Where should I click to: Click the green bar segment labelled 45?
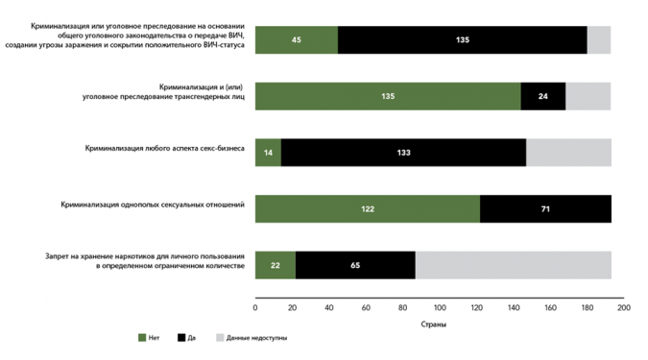point(297,40)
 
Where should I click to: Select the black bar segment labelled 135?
point(463,40)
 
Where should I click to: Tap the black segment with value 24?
point(543,96)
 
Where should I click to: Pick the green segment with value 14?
point(268,153)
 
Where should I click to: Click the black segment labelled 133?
point(404,153)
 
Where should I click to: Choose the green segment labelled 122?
point(368,208)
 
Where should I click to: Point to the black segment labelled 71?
point(546,208)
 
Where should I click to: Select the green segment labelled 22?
point(276,265)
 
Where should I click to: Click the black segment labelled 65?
point(356,265)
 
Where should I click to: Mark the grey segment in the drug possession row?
point(514,265)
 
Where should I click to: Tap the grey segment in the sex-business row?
point(569,153)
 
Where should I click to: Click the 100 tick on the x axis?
point(440,307)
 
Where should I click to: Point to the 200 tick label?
point(624,307)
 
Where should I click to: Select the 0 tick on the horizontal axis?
point(255,307)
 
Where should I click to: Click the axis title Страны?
point(434,324)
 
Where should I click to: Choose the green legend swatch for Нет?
point(142,338)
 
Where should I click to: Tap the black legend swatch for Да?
point(181,338)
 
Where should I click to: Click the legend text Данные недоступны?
point(256,338)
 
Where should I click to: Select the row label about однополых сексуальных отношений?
point(153,204)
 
